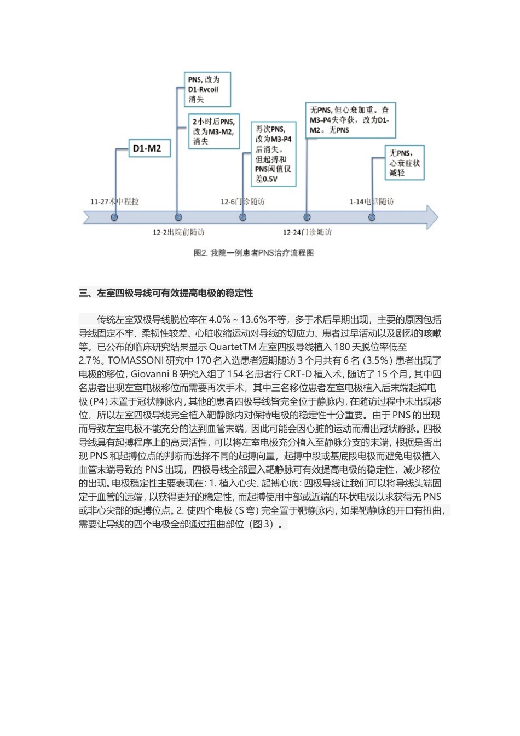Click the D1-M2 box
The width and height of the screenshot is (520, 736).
147,148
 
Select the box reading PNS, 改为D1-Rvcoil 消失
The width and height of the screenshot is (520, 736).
206,89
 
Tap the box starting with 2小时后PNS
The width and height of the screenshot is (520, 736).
213,131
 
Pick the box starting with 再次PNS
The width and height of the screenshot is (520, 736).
273,154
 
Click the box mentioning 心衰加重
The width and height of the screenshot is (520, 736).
350,120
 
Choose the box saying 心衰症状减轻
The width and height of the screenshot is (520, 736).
405,163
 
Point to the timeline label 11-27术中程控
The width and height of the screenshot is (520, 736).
114,202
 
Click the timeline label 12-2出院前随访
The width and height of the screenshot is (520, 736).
178,233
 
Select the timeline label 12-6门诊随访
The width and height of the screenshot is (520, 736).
242,202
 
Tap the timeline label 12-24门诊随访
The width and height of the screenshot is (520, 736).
307,233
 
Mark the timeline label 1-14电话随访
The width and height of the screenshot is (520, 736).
371,202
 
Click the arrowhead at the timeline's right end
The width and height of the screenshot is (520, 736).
432,217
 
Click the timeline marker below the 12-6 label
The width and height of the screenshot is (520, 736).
242,217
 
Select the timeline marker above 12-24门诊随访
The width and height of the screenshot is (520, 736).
307,217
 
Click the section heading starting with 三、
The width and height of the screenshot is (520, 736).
166,293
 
